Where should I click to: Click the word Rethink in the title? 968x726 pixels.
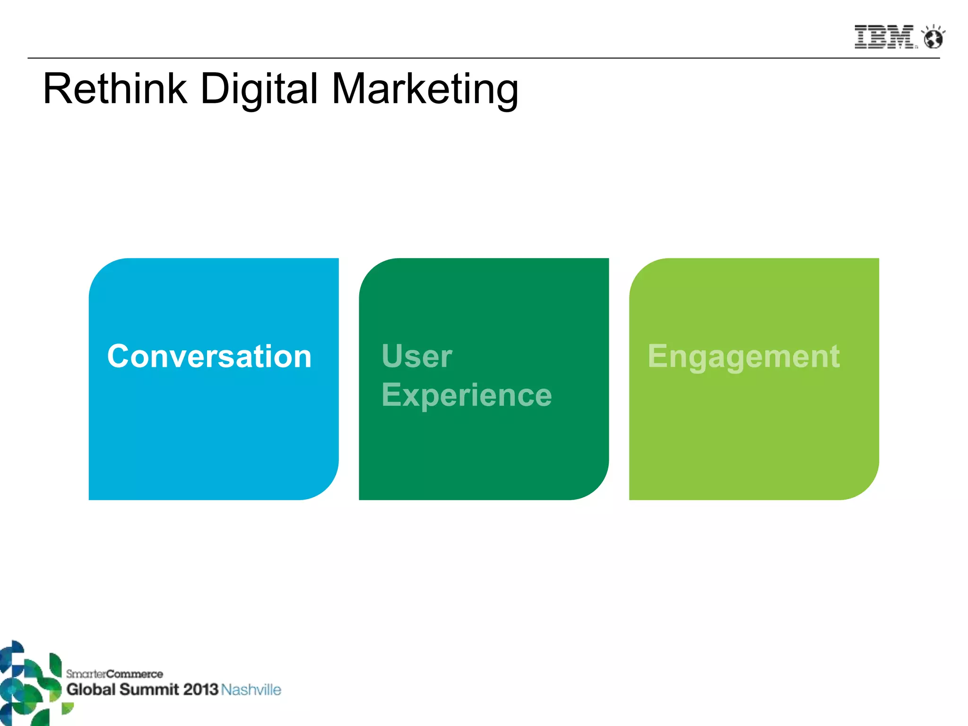pyautogui.click(x=115, y=89)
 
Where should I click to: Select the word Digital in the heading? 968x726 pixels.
pyautogui.click(x=259, y=89)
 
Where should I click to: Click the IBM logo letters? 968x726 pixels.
pyautogui.click(x=883, y=37)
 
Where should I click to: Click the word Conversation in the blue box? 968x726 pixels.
pyautogui.click(x=209, y=356)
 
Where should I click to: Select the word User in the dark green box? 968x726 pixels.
pyautogui.click(x=417, y=356)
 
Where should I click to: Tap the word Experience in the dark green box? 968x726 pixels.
pyautogui.click(x=467, y=395)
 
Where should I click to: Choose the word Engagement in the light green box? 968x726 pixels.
pyautogui.click(x=743, y=356)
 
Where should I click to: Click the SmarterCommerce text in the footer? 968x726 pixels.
pyautogui.click(x=114, y=674)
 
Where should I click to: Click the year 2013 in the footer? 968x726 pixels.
pyautogui.click(x=200, y=689)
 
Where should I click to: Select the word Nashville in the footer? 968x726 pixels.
pyautogui.click(x=251, y=690)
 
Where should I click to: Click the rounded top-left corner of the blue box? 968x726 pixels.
pyautogui.click(x=102, y=272)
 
